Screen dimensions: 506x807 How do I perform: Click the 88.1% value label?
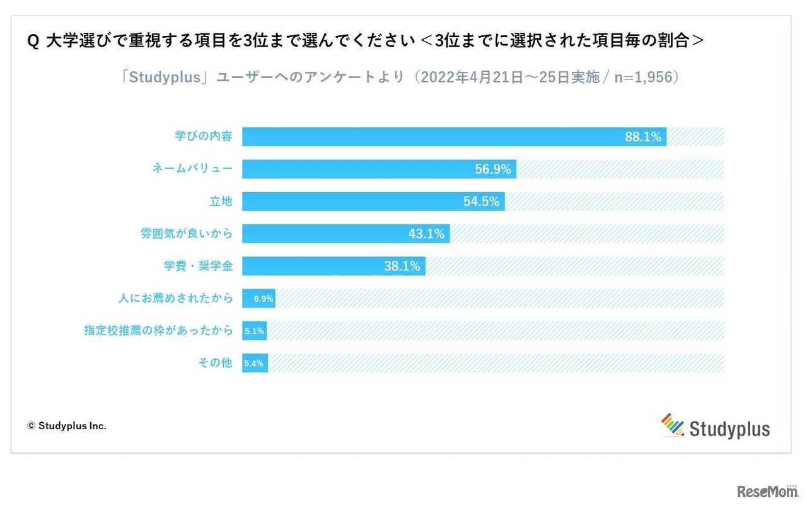[x=642, y=137]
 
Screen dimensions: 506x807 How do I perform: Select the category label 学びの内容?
[x=203, y=136]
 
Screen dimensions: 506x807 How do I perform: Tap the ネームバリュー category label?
[x=192, y=168]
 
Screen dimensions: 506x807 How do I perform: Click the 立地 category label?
[x=221, y=201]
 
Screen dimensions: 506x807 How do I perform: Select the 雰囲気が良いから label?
[x=186, y=234]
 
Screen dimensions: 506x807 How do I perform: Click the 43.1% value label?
[x=426, y=234]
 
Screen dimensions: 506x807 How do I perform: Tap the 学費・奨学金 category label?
[x=198, y=266]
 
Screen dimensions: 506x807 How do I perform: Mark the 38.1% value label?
[x=402, y=266]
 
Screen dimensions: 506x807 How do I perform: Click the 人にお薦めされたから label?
[x=175, y=298]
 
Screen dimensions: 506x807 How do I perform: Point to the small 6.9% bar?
[x=259, y=299]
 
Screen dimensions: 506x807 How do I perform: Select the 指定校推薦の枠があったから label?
[x=158, y=330]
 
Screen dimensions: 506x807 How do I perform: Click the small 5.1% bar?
[x=255, y=331]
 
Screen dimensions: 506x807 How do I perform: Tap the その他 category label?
[x=215, y=363]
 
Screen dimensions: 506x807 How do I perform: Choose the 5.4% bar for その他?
[x=255, y=363]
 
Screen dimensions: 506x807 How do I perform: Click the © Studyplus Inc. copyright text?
[x=66, y=426]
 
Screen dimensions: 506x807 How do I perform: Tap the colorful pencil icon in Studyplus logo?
[x=672, y=425]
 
